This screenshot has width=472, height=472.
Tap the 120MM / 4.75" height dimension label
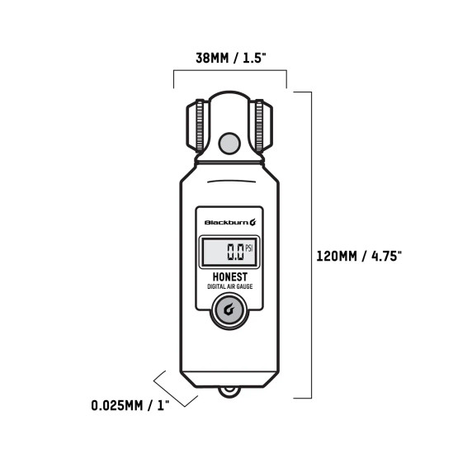point(359,256)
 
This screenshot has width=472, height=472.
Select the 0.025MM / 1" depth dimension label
point(130,405)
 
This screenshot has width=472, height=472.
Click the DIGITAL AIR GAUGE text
point(230,287)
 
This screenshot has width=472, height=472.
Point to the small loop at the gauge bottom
point(230,394)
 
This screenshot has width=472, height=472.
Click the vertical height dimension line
point(311,248)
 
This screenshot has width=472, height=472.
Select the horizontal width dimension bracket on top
point(229,73)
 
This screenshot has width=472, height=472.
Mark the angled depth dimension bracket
point(175,388)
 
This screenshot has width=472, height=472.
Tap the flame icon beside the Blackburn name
point(253,222)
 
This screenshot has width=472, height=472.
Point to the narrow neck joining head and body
point(230,161)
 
